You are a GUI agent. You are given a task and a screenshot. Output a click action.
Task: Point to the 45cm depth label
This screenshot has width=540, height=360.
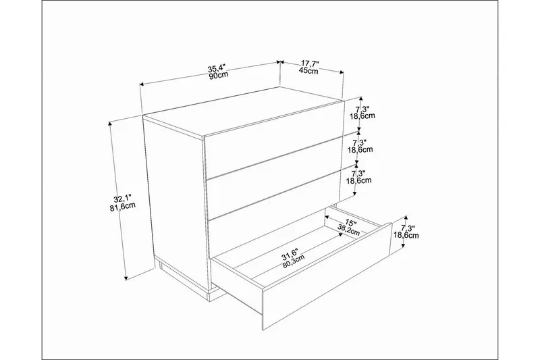(x=309, y=71)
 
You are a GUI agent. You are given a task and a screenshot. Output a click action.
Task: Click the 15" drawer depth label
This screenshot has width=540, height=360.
(x=350, y=222)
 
